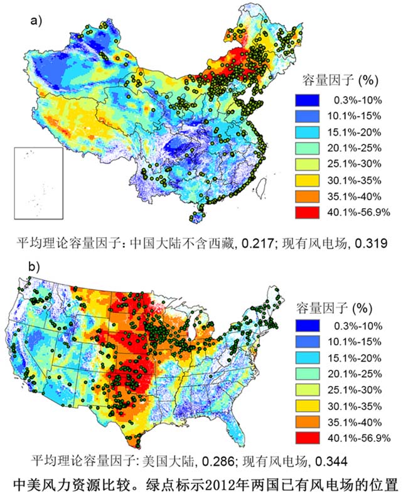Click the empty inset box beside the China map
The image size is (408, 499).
click(x=38, y=183)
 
